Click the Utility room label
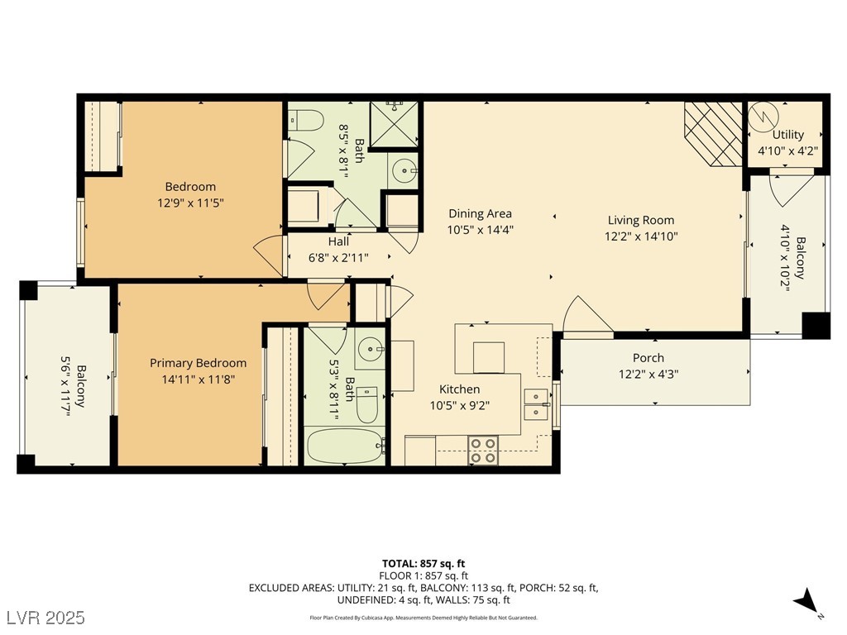point(787,135)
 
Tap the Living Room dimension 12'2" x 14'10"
point(641,236)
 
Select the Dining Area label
point(481,213)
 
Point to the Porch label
point(648,357)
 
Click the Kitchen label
point(459,389)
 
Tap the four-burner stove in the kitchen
point(483,451)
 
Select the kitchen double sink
point(536,404)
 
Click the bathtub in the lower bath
point(346,446)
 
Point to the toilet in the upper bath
point(305,120)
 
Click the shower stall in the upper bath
point(395,124)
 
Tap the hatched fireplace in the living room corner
point(714,134)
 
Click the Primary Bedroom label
point(199,363)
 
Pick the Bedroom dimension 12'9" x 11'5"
point(191,203)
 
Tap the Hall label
point(338,241)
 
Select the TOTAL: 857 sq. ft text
point(423,564)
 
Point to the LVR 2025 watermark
point(46,617)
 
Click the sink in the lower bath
point(371,349)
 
